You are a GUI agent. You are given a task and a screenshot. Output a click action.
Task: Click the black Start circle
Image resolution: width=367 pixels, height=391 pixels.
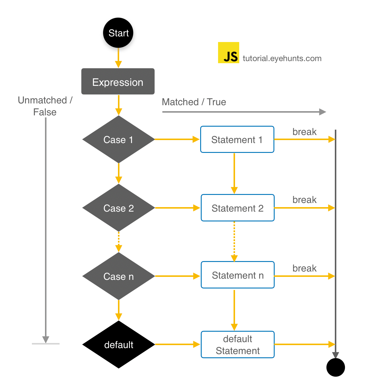(118, 33)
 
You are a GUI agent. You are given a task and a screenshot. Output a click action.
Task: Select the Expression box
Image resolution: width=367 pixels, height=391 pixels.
(118, 82)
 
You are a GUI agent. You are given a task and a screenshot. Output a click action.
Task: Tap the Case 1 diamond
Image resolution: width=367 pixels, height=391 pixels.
(118, 139)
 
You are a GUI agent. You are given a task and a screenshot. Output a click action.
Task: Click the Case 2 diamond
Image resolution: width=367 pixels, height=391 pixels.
(118, 208)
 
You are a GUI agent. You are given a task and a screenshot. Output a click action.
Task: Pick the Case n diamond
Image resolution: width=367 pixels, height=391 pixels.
(118, 276)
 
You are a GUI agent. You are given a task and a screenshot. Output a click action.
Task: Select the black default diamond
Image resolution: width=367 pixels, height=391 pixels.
(118, 345)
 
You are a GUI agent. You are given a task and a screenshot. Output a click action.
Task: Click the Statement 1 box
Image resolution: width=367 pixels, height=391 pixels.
(237, 139)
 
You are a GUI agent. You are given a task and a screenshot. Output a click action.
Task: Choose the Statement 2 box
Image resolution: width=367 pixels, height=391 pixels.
(237, 208)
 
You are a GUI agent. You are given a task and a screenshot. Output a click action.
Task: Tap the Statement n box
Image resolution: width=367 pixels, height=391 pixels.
(237, 275)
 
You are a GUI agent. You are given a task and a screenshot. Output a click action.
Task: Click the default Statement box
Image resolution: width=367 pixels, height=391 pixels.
(237, 345)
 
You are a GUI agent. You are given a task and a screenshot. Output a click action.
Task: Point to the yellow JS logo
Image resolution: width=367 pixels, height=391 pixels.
(228, 53)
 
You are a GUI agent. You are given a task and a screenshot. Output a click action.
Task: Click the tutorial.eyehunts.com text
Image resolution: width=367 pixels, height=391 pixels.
(282, 58)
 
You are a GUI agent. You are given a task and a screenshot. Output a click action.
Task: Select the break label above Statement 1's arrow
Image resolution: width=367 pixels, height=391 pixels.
(304, 132)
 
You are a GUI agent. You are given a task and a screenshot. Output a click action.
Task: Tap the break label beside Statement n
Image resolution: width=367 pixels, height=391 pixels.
(304, 268)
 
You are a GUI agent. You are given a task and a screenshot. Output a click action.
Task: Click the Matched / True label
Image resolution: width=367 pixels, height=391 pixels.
(194, 102)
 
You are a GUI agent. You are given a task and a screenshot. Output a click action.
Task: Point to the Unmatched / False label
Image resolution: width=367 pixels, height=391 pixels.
(45, 106)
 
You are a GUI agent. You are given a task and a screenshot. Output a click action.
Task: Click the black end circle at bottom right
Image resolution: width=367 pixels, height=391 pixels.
(335, 367)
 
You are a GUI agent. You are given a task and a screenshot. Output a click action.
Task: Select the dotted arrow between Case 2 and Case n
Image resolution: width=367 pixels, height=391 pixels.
(119, 241)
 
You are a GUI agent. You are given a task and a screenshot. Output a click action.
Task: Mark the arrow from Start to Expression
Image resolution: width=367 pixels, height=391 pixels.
(118, 58)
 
